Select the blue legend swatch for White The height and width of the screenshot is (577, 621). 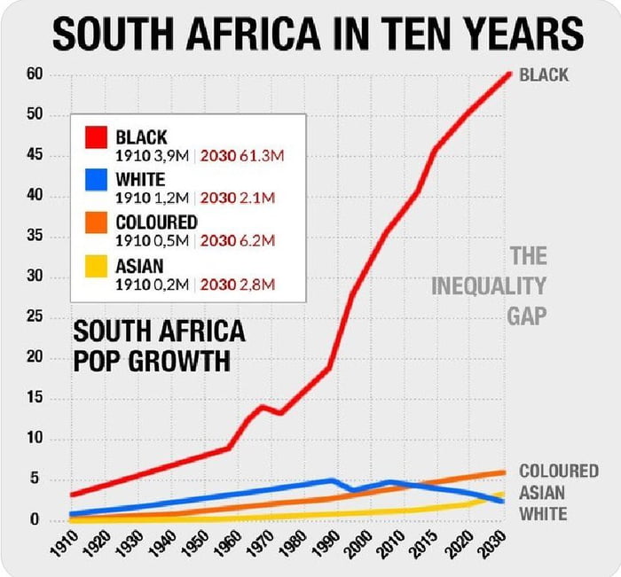click(96, 181)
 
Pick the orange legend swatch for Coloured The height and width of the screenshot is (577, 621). click(96, 223)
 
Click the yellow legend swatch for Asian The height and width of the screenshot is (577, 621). click(96, 266)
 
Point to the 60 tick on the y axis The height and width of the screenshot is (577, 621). click(35, 74)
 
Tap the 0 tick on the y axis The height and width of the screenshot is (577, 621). click(37, 520)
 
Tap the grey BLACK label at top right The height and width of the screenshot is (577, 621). click(544, 75)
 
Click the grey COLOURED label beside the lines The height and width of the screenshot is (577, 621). click(558, 471)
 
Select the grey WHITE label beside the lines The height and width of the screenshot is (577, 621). click(543, 513)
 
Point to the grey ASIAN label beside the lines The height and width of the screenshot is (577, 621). click(542, 492)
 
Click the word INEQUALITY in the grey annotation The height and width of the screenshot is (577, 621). click(488, 286)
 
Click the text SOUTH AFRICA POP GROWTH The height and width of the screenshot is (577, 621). click(158, 347)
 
